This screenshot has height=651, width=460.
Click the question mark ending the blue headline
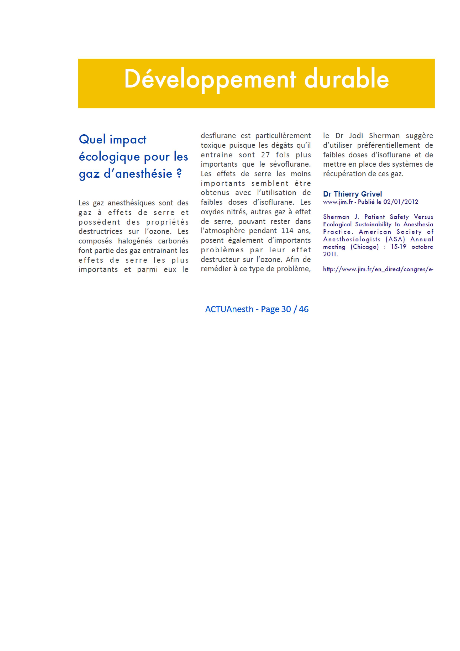[x=179, y=174]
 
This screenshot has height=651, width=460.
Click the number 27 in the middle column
[x=266, y=155]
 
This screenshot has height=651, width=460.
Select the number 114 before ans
[x=287, y=231]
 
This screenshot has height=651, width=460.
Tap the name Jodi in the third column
[x=356, y=136]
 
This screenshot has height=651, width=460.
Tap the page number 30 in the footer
[x=286, y=309]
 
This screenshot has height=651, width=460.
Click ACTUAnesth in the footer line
[x=229, y=309]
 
